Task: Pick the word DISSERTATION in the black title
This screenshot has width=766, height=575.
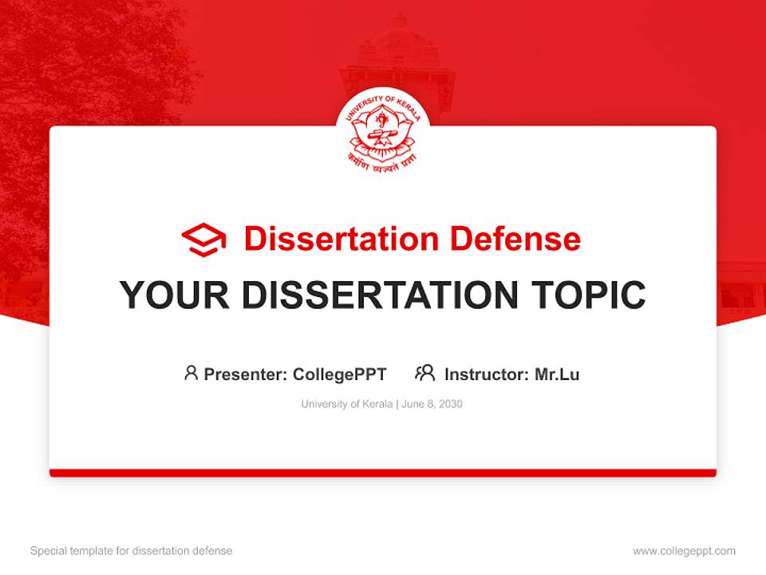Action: pos(374,295)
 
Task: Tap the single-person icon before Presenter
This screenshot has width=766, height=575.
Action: pos(191,373)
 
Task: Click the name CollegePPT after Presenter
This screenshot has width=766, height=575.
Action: pos(340,375)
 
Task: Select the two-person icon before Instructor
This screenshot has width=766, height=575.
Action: pos(424,373)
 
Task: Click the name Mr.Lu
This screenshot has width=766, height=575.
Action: pos(557,375)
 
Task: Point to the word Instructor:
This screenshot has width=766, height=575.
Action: pos(487,375)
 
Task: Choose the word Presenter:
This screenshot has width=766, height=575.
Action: pos(246,375)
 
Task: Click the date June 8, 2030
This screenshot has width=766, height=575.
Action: pos(432,404)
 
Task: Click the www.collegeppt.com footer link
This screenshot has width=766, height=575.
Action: pos(684,551)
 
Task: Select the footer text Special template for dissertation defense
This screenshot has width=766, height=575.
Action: pos(132,551)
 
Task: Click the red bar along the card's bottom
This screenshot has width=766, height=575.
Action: pos(383,473)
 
